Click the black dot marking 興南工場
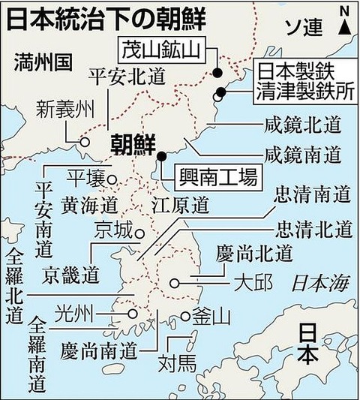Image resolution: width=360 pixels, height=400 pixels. coord(161,157)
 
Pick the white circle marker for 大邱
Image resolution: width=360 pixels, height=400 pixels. coord(175,283)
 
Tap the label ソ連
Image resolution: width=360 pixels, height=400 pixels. coord(303,28)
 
